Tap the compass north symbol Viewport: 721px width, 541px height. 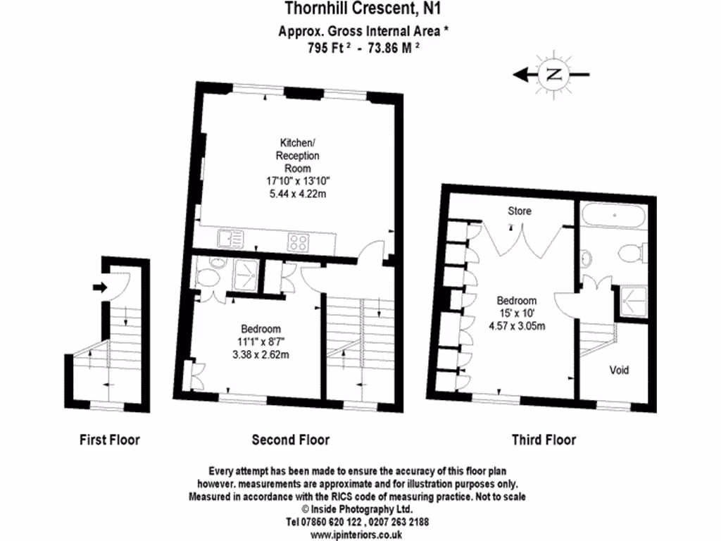[x=552, y=74]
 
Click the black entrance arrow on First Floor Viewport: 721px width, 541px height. [x=98, y=287]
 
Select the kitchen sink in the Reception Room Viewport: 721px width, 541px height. [x=231, y=241]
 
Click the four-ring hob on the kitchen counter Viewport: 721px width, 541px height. [x=299, y=242]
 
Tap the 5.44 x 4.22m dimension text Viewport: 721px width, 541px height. [x=296, y=193]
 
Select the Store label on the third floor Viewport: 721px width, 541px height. [x=519, y=211]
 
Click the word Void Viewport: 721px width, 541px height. [x=619, y=370]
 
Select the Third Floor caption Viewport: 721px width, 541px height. [x=543, y=440]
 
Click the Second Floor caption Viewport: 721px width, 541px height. [x=290, y=440]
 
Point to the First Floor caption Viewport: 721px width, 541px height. [x=109, y=440]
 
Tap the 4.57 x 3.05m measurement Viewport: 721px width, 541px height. [x=516, y=325]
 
